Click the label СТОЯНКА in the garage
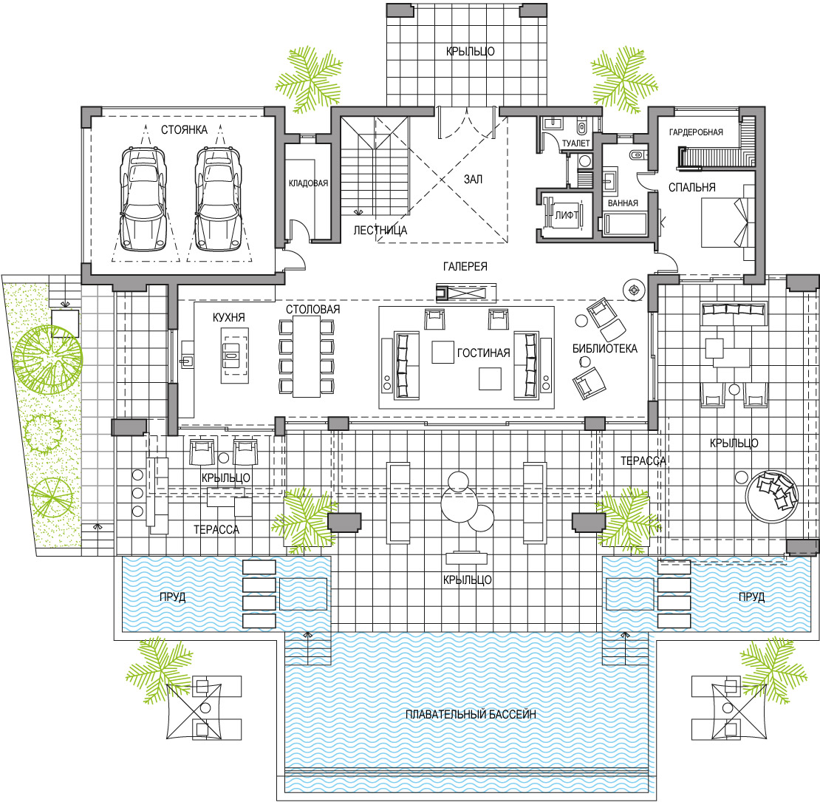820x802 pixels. [x=184, y=130]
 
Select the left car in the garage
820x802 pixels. [x=143, y=199]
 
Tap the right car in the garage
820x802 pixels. [x=218, y=199]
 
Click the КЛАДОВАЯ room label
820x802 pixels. [x=309, y=183]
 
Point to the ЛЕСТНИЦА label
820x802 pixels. [x=380, y=230]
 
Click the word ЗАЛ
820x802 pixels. [x=474, y=179]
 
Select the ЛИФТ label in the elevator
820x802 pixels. [x=567, y=215]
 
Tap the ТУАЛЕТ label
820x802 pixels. [x=575, y=143]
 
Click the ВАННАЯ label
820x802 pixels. [x=623, y=203]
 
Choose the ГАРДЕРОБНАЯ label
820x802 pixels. [x=696, y=132]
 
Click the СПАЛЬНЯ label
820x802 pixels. [x=692, y=187]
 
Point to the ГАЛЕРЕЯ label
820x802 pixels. [x=465, y=266]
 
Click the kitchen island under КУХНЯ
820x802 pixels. [x=235, y=356]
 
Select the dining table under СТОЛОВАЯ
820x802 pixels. [x=307, y=357]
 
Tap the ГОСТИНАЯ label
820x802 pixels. [x=484, y=353]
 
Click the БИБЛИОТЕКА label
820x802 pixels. [x=605, y=348]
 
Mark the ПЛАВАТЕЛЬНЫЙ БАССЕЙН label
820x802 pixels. [x=471, y=714]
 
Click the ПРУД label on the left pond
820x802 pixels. [x=173, y=597]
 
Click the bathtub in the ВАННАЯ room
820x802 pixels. [x=626, y=224]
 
